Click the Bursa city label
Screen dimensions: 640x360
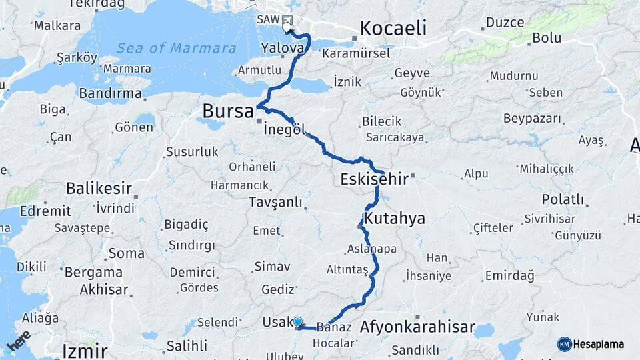(x=228, y=111)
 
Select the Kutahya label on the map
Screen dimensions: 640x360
(x=395, y=219)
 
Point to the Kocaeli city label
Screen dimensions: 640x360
(x=393, y=29)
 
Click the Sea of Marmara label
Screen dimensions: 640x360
(x=176, y=48)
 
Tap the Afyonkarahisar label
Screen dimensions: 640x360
(x=417, y=327)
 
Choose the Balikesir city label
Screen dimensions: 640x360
(x=99, y=189)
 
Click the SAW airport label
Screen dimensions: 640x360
(x=268, y=19)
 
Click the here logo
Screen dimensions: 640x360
(x=19, y=339)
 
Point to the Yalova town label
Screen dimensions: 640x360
(x=283, y=48)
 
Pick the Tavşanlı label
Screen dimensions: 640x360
(x=275, y=202)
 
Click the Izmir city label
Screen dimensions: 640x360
(x=84, y=351)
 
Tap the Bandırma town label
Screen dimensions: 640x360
(x=110, y=93)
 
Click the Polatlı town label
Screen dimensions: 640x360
(x=563, y=199)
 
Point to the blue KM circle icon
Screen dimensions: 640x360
(x=565, y=344)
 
